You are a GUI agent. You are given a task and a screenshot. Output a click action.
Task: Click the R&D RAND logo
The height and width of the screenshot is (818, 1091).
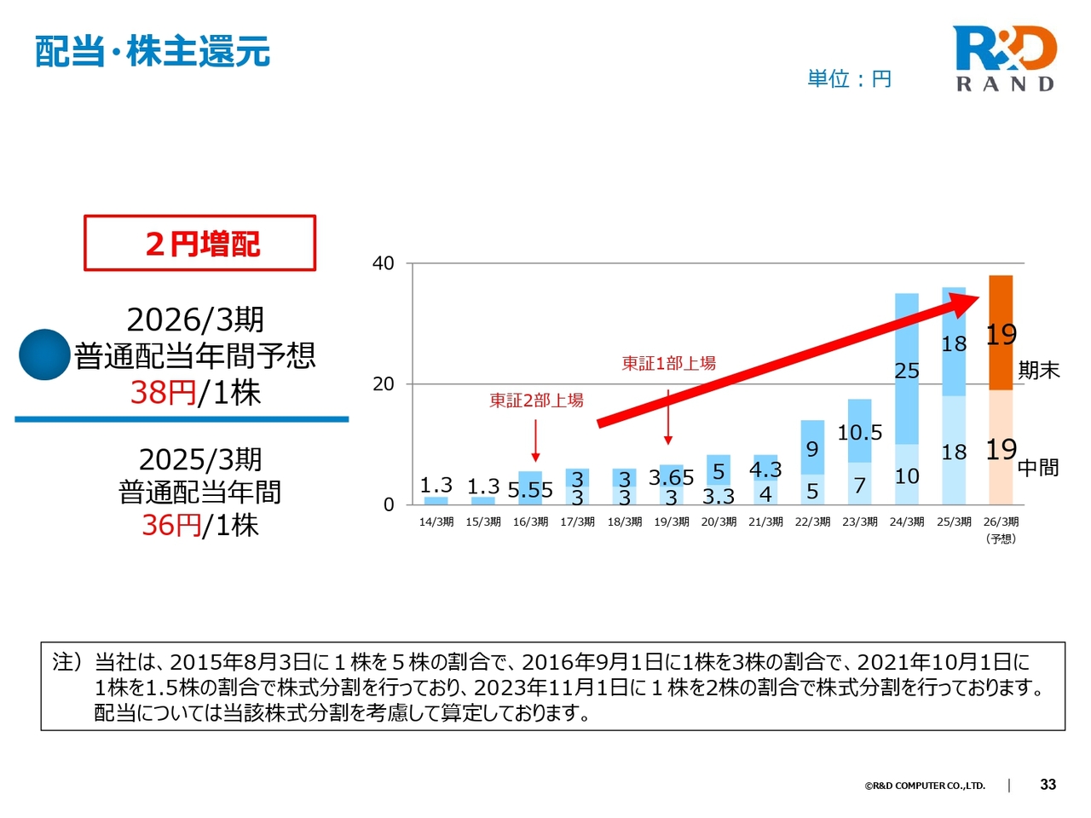pyautogui.click(x=1005, y=58)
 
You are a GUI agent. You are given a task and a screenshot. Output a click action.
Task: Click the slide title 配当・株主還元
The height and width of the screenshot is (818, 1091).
pyautogui.click(x=153, y=52)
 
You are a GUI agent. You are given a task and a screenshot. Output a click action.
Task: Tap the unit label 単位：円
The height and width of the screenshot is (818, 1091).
pyautogui.click(x=849, y=79)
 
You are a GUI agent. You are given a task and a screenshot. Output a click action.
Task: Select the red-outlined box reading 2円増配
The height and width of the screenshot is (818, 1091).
pyautogui.click(x=200, y=244)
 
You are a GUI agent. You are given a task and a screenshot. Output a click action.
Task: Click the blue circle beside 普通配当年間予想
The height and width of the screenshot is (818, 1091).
pyautogui.click(x=44, y=354)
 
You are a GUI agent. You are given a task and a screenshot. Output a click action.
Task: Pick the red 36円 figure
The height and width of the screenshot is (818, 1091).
pyautogui.click(x=171, y=525)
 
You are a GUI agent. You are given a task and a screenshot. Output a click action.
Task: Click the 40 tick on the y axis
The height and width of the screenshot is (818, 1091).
pyautogui.click(x=384, y=263)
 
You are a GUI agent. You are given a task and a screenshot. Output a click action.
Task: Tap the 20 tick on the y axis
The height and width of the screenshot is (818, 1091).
pyautogui.click(x=384, y=384)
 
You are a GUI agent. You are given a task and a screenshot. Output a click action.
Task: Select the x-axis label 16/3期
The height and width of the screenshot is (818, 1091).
pyautogui.click(x=530, y=521)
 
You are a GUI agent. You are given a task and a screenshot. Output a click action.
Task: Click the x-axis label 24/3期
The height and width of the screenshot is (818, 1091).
pyautogui.click(x=907, y=521)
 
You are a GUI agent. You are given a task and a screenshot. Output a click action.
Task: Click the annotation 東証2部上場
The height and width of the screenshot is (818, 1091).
pyautogui.click(x=536, y=400)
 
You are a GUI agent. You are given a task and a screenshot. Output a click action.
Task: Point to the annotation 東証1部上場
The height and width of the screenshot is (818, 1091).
pyautogui.click(x=668, y=364)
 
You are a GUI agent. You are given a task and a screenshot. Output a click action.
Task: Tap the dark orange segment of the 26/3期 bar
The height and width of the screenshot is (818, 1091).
pyautogui.click(x=1001, y=332)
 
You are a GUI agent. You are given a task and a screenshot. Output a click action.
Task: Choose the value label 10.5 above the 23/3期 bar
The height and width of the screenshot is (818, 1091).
pyautogui.click(x=859, y=433)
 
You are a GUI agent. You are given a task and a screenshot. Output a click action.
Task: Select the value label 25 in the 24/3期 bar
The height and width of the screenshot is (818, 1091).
pyautogui.click(x=907, y=371)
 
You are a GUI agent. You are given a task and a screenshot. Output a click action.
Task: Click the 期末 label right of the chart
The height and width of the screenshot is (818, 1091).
pyautogui.click(x=1039, y=371)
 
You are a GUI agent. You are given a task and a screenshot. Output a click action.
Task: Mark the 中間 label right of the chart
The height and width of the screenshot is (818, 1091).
pyautogui.click(x=1038, y=468)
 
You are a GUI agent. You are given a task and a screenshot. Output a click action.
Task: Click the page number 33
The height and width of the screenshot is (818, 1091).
pyautogui.click(x=1048, y=785)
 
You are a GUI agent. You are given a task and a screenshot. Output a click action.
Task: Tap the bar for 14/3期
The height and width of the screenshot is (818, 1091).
pyautogui.click(x=436, y=500)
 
